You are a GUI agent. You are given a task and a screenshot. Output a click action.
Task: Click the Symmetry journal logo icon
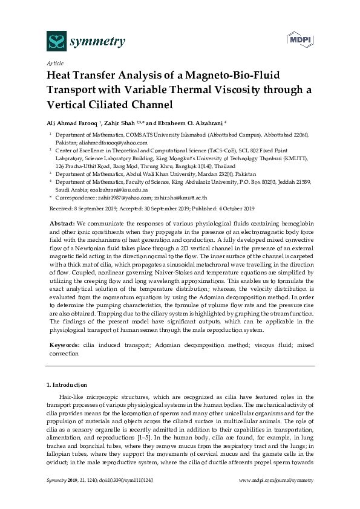(56, 42)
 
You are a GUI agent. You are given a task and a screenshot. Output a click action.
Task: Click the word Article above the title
(55, 63)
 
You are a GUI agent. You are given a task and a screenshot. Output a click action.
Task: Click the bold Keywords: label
(64, 344)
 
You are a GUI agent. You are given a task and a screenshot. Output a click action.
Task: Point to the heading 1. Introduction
(67, 384)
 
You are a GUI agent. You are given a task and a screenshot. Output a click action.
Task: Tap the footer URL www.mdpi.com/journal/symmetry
(277, 479)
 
